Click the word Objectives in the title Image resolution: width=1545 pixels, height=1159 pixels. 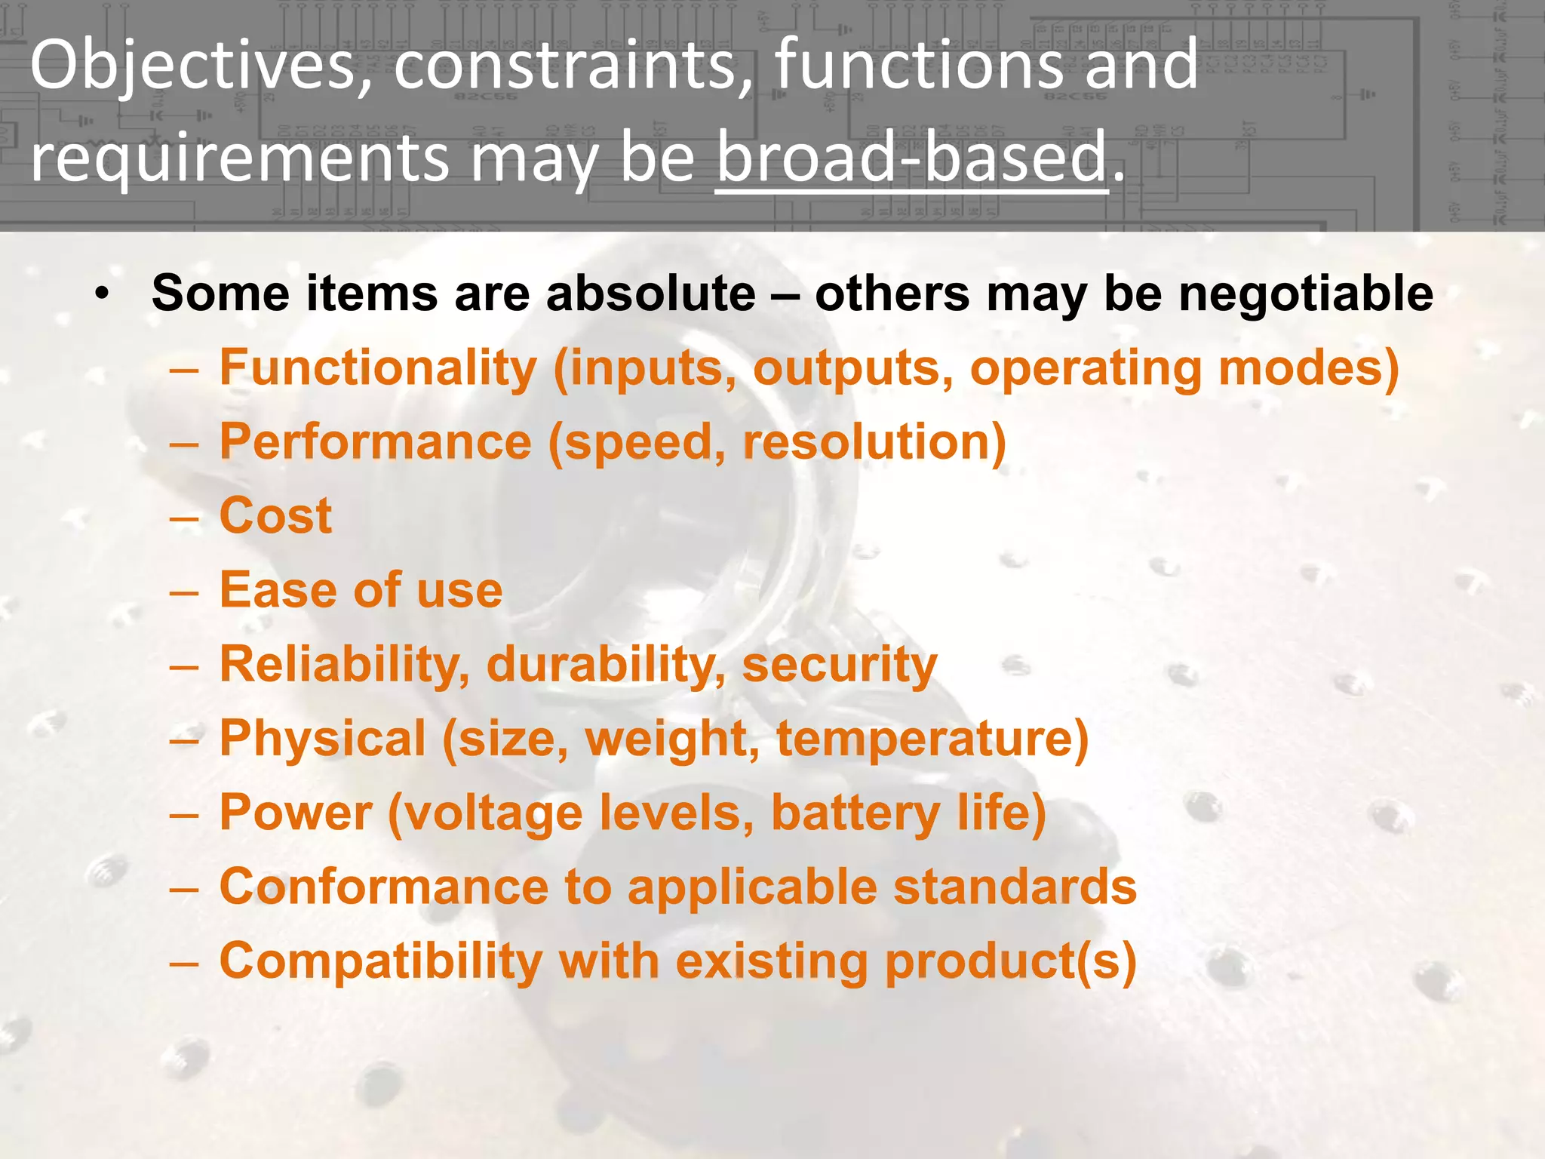(192, 66)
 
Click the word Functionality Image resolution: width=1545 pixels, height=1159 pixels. (378, 368)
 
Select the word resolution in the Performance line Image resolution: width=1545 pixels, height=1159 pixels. (874, 442)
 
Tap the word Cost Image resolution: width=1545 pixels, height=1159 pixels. (275, 516)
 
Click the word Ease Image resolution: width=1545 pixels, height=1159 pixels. (278, 590)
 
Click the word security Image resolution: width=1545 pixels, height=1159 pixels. (839, 665)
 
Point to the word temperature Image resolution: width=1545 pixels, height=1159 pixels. (932, 739)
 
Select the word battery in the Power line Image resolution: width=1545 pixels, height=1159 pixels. (855, 813)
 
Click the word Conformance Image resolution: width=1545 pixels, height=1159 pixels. (384, 887)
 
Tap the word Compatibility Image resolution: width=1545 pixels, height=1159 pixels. (381, 961)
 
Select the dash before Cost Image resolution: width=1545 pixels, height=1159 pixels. (184, 518)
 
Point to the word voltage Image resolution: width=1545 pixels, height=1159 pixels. (486, 813)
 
